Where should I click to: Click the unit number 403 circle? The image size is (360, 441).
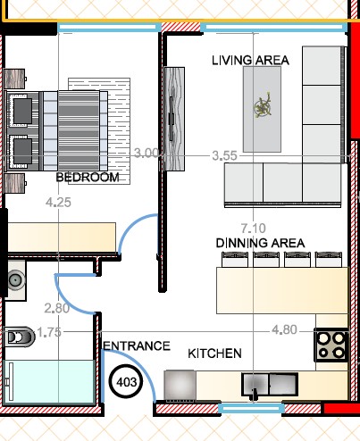coord(126,382)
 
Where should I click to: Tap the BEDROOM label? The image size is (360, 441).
coord(88,178)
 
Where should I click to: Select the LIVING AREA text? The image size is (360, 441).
coord(250,61)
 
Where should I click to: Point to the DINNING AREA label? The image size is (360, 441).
coord(260,243)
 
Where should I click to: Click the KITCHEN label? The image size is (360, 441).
coord(214,354)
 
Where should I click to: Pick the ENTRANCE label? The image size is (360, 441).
coord(137,345)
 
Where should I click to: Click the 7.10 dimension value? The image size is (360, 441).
coord(253,229)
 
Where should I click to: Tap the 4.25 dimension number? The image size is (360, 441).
coord(58,203)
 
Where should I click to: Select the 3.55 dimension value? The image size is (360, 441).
coord(224,155)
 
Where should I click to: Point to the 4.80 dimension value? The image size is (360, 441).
coord(284,329)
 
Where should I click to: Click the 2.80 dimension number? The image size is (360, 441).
coord(57,308)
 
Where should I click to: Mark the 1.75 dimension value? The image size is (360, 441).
coord(49,332)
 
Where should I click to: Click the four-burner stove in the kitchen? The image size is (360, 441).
coord(331,345)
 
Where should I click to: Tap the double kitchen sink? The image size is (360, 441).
coord(270,384)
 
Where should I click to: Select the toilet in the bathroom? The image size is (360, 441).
coord(19,337)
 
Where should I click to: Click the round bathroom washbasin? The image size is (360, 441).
coord(15,279)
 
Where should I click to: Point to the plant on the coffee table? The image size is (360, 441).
coord(263,105)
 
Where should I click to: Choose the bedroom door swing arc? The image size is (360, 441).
coord(132,225)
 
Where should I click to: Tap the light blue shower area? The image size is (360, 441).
coord(49,382)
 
